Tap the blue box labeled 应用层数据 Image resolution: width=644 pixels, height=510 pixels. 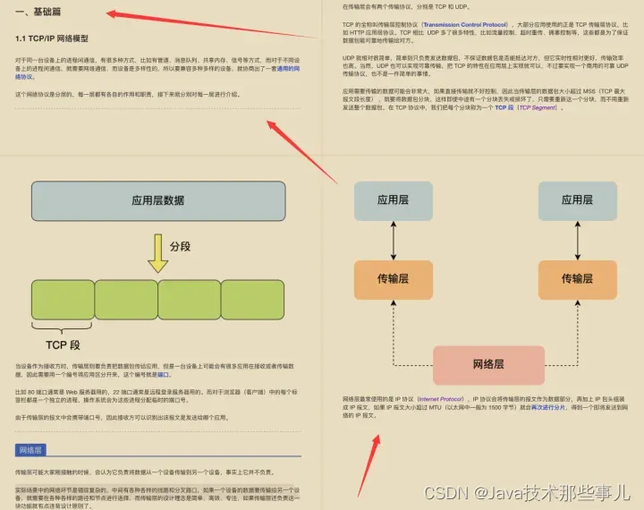[x=157, y=200]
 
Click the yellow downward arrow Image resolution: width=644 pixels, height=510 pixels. [x=157, y=253]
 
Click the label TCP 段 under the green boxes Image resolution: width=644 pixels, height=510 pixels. [x=63, y=344]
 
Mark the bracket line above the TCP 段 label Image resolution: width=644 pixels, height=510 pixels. [x=63, y=328]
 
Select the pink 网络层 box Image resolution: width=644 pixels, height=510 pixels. [x=488, y=364]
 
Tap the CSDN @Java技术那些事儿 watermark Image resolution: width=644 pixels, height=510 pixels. [x=527, y=492]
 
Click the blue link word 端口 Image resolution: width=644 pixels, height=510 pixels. [x=163, y=375]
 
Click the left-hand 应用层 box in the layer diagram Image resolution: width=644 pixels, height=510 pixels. [x=392, y=200]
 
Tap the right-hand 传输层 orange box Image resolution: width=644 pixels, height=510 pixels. [x=577, y=278]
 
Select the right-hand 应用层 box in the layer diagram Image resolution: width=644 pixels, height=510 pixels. [x=577, y=200]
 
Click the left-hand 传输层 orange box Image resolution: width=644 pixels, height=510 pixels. [x=392, y=278]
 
